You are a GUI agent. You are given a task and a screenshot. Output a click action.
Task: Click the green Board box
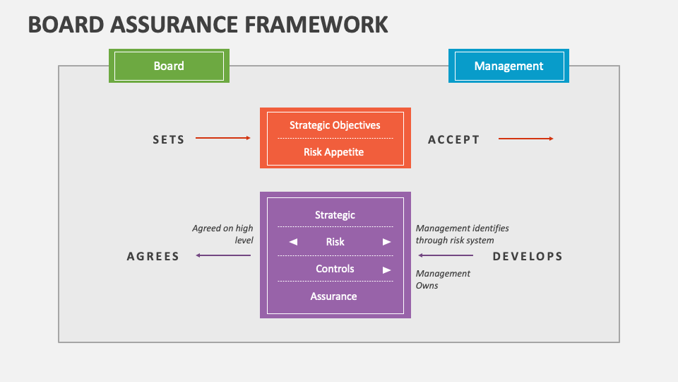[x=169, y=66]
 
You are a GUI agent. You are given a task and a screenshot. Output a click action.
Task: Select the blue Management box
[x=509, y=66]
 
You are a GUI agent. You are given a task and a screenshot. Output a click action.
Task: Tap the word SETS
[x=169, y=139]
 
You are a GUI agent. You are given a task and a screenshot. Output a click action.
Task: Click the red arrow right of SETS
[x=223, y=138]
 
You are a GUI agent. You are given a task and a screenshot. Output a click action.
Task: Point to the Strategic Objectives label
[x=335, y=125]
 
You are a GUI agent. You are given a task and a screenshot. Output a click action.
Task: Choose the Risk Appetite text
[x=334, y=151]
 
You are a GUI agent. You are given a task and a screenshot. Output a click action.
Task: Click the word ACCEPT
[x=454, y=139]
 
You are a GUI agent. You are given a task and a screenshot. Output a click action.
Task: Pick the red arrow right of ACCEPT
[x=526, y=139]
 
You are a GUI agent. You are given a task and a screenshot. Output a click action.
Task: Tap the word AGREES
[x=153, y=256]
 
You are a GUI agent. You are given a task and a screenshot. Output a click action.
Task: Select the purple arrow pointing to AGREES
[x=223, y=255]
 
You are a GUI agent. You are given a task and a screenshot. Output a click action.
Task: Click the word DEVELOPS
[x=528, y=256]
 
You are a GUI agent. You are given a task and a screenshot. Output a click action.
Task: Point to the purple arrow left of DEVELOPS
[x=446, y=255]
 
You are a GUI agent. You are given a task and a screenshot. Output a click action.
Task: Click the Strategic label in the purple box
[x=335, y=215]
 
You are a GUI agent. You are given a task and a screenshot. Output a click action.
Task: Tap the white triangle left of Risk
[x=293, y=242]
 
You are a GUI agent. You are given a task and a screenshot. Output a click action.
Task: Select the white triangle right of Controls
[x=386, y=270]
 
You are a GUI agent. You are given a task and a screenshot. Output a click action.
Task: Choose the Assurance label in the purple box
[x=334, y=296]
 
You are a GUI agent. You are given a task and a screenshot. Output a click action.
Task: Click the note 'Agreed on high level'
[x=222, y=234]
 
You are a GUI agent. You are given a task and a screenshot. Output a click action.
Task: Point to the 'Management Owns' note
[x=443, y=279]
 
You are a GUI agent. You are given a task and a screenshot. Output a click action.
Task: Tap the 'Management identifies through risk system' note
[x=462, y=234]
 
